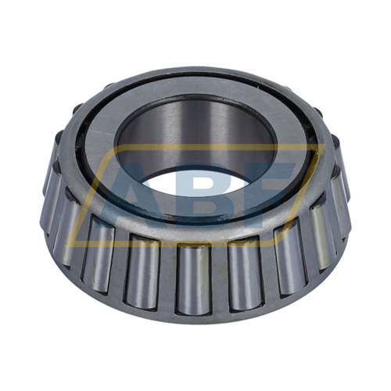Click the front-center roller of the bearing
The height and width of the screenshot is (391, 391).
pyautogui.click(x=192, y=278)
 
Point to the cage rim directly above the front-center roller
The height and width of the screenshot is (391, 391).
pyautogui.click(x=192, y=239)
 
